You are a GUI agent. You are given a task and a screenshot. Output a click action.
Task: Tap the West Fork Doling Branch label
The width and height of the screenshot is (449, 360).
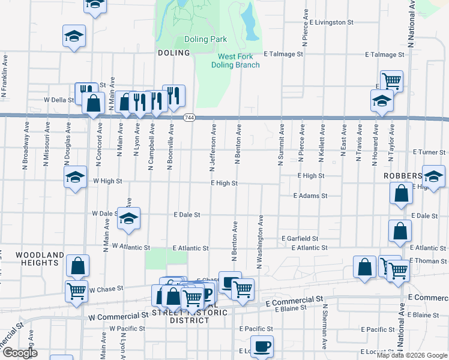click(238, 61)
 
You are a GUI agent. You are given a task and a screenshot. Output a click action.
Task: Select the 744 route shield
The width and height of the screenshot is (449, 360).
click(189, 116)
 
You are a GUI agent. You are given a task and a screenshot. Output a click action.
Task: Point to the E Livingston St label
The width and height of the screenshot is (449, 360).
click(331, 22)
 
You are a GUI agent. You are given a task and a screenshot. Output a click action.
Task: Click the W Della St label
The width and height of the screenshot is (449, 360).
click(58, 100)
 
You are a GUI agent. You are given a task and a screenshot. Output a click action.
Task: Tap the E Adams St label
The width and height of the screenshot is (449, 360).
click(310, 196)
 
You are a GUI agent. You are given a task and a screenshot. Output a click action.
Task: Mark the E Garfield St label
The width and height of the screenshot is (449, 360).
click(304, 238)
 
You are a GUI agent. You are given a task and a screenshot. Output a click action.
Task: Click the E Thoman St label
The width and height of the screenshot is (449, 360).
click(428, 261)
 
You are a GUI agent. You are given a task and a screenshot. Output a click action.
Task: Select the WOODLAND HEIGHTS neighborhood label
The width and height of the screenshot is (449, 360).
click(40, 259)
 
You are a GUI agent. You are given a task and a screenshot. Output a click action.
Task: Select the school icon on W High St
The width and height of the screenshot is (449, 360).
click(75, 177)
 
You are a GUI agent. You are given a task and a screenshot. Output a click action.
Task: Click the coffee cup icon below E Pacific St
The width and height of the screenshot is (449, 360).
click(262, 346)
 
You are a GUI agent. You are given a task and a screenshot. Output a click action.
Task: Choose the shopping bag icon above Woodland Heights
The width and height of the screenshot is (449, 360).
click(77, 265)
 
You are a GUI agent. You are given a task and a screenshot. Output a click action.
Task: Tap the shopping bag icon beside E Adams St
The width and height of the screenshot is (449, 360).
click(401, 193)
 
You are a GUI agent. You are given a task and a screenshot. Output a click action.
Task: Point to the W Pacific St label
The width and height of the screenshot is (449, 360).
click(127, 329)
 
